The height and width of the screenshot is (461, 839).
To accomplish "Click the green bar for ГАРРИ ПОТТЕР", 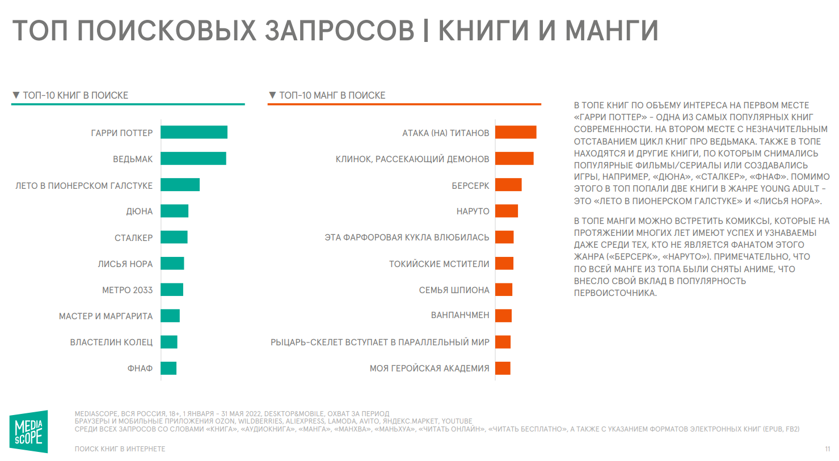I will pyautogui.click(x=194, y=132).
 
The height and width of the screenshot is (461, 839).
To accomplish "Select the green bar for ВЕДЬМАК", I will pyautogui.click(x=193, y=159).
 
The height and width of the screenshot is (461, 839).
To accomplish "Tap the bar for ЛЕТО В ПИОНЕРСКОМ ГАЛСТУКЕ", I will pyautogui.click(x=180, y=185).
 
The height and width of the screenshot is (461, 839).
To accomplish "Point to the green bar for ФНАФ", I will pyautogui.click(x=168, y=368).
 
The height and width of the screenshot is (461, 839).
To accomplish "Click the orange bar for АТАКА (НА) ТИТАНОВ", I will pyautogui.click(x=516, y=132).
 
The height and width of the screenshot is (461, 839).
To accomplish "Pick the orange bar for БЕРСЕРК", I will pyautogui.click(x=508, y=185).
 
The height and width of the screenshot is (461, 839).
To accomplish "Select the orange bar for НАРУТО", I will pyautogui.click(x=507, y=211).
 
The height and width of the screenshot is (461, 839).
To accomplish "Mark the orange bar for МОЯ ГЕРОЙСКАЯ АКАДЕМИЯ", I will pyautogui.click(x=503, y=368).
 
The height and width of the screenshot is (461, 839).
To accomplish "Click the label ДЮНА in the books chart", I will pyautogui.click(x=140, y=212).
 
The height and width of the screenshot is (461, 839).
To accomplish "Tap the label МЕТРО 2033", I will pyautogui.click(x=128, y=290).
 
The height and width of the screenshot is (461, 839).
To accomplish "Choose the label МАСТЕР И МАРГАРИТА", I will pyautogui.click(x=106, y=316).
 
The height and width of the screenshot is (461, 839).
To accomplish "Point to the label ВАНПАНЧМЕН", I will pyautogui.click(x=460, y=315).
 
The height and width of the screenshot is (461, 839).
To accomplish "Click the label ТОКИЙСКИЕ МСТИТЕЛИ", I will pyautogui.click(x=439, y=264).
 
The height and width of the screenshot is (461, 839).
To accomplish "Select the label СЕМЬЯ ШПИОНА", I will pyautogui.click(x=454, y=290).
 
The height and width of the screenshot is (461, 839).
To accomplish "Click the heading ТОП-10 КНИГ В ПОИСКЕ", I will pyautogui.click(x=75, y=95).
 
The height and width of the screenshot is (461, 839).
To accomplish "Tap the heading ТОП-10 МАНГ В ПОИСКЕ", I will pyautogui.click(x=332, y=95).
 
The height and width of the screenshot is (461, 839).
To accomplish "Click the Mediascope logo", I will pyautogui.click(x=28, y=432).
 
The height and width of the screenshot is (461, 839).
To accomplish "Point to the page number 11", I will pyautogui.click(x=828, y=449).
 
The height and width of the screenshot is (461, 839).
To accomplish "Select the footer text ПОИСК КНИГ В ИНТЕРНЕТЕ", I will pyautogui.click(x=120, y=449).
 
